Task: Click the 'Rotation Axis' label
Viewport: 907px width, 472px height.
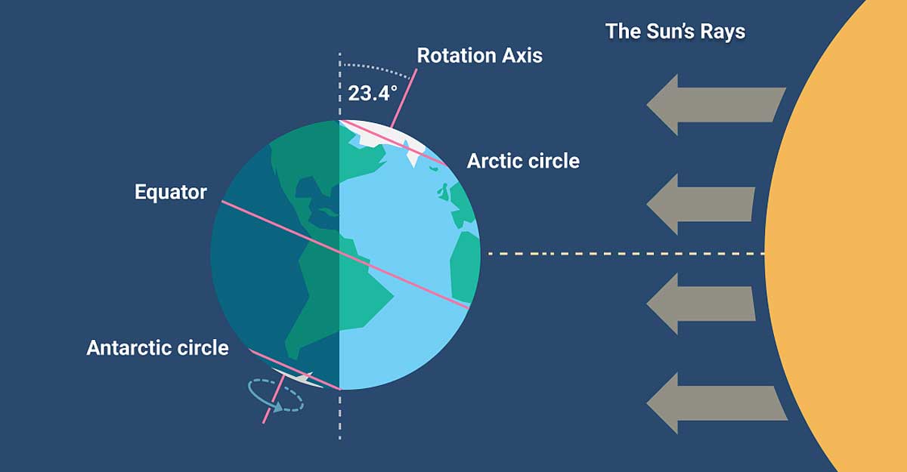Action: pos(480,55)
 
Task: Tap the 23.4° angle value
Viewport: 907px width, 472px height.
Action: pos(373,94)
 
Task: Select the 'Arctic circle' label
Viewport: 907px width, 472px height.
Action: pos(523,161)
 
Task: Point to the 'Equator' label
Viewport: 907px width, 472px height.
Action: pos(171,192)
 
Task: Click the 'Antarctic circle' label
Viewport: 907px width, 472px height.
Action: pos(157,348)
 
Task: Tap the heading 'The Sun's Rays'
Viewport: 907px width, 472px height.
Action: pos(675,32)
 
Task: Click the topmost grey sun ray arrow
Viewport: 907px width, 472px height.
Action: pos(716,105)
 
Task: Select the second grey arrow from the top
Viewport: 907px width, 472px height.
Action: pos(701,204)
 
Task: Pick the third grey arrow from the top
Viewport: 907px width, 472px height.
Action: pos(701,304)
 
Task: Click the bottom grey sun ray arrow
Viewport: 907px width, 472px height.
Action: pos(717,403)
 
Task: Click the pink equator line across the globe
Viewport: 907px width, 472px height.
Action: pos(345,255)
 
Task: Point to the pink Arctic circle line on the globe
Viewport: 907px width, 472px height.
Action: pos(394,143)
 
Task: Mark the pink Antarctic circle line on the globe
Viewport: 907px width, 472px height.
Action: pos(295,370)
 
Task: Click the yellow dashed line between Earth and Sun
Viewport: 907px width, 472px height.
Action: pos(626,254)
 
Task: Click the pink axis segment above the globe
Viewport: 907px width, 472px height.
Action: pos(404,98)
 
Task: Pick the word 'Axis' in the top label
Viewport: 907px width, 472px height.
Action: pos(522,55)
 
